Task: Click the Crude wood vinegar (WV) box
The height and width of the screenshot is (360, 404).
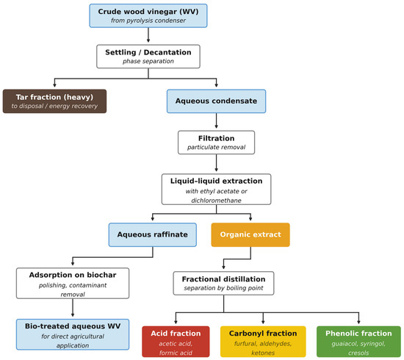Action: tap(148, 15)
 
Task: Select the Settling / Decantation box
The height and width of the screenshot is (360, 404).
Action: tap(148, 57)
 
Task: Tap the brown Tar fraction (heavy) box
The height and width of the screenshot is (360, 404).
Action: tap(54, 101)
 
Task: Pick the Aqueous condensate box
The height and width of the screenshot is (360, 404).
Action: tap(216, 101)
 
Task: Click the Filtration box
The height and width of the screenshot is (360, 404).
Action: tap(216, 143)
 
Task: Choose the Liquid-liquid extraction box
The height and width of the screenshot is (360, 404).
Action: tap(216, 190)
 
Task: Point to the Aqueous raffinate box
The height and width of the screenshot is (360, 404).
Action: tap(153, 235)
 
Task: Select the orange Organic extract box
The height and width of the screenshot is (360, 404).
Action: tap(250, 235)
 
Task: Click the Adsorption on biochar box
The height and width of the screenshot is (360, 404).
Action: tap(73, 283)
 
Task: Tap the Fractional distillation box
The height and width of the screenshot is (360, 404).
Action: tap(223, 283)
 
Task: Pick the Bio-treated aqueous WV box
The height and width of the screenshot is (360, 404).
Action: tap(73, 334)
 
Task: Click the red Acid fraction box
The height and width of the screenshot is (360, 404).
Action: tap(176, 342)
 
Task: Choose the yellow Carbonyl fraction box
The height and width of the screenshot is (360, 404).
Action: tap(263, 342)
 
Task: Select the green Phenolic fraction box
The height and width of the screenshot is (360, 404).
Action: tap(358, 342)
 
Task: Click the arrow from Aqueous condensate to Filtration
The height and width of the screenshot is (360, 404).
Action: tap(216, 120)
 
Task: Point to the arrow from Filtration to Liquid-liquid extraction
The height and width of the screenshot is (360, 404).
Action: tap(216, 163)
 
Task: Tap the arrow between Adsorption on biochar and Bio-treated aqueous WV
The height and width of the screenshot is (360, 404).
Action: tap(73, 308)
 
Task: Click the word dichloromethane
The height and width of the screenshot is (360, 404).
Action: tap(216, 201)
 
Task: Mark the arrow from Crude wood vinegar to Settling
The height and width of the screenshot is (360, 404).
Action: tap(148, 35)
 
